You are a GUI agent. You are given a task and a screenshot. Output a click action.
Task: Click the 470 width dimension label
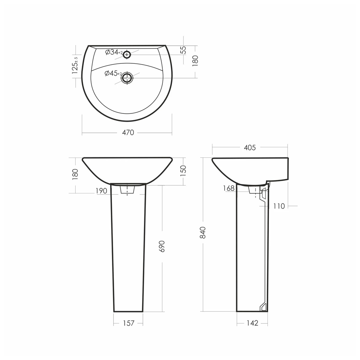128,132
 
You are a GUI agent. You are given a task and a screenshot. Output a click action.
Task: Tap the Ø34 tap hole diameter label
114,52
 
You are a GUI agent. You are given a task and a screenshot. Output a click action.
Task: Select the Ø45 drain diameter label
113,73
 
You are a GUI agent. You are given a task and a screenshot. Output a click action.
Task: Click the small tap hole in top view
127,55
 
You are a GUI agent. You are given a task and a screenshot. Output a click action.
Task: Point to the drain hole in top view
127,78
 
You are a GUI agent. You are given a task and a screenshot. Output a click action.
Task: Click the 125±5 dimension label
75,65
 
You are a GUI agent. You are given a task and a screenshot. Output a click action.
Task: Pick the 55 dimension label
183,50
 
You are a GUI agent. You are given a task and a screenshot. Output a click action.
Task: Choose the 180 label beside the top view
195,61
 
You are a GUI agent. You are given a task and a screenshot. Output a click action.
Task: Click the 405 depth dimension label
250,147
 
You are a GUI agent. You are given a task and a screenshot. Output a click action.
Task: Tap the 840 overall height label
203,232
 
